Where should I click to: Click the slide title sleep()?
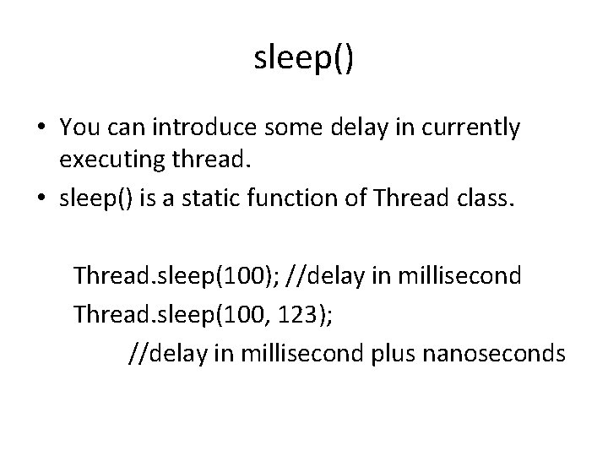pyautogui.click(x=304, y=58)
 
